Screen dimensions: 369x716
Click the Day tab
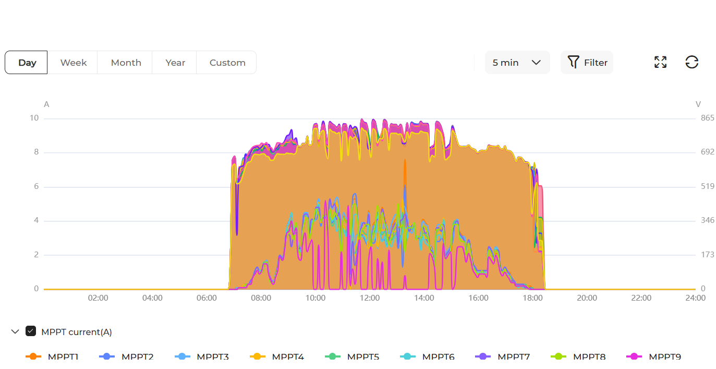click(x=27, y=63)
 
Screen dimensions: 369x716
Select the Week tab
click(x=73, y=63)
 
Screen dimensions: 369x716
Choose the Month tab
click(x=126, y=63)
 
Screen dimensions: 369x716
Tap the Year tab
click(x=175, y=63)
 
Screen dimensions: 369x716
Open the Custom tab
click(x=227, y=63)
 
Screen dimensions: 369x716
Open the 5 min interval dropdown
click(x=517, y=63)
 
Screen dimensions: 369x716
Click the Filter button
click(x=587, y=63)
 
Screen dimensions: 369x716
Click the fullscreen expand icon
click(x=660, y=63)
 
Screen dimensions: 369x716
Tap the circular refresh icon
click(x=691, y=63)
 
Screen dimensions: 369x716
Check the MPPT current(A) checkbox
click(x=31, y=331)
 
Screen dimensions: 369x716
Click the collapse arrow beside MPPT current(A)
click(x=15, y=331)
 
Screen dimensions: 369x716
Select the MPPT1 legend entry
click(x=52, y=356)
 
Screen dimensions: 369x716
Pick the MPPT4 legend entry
click(x=277, y=356)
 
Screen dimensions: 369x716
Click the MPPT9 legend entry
click(x=654, y=356)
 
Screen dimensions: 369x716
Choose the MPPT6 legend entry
click(x=427, y=356)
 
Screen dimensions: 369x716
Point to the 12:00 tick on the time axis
click(x=369, y=298)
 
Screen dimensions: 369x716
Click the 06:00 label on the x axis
click(x=207, y=298)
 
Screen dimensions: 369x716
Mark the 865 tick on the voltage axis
click(x=707, y=118)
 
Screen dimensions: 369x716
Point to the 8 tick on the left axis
click(x=35, y=152)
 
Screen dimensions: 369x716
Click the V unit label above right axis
click(x=698, y=104)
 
